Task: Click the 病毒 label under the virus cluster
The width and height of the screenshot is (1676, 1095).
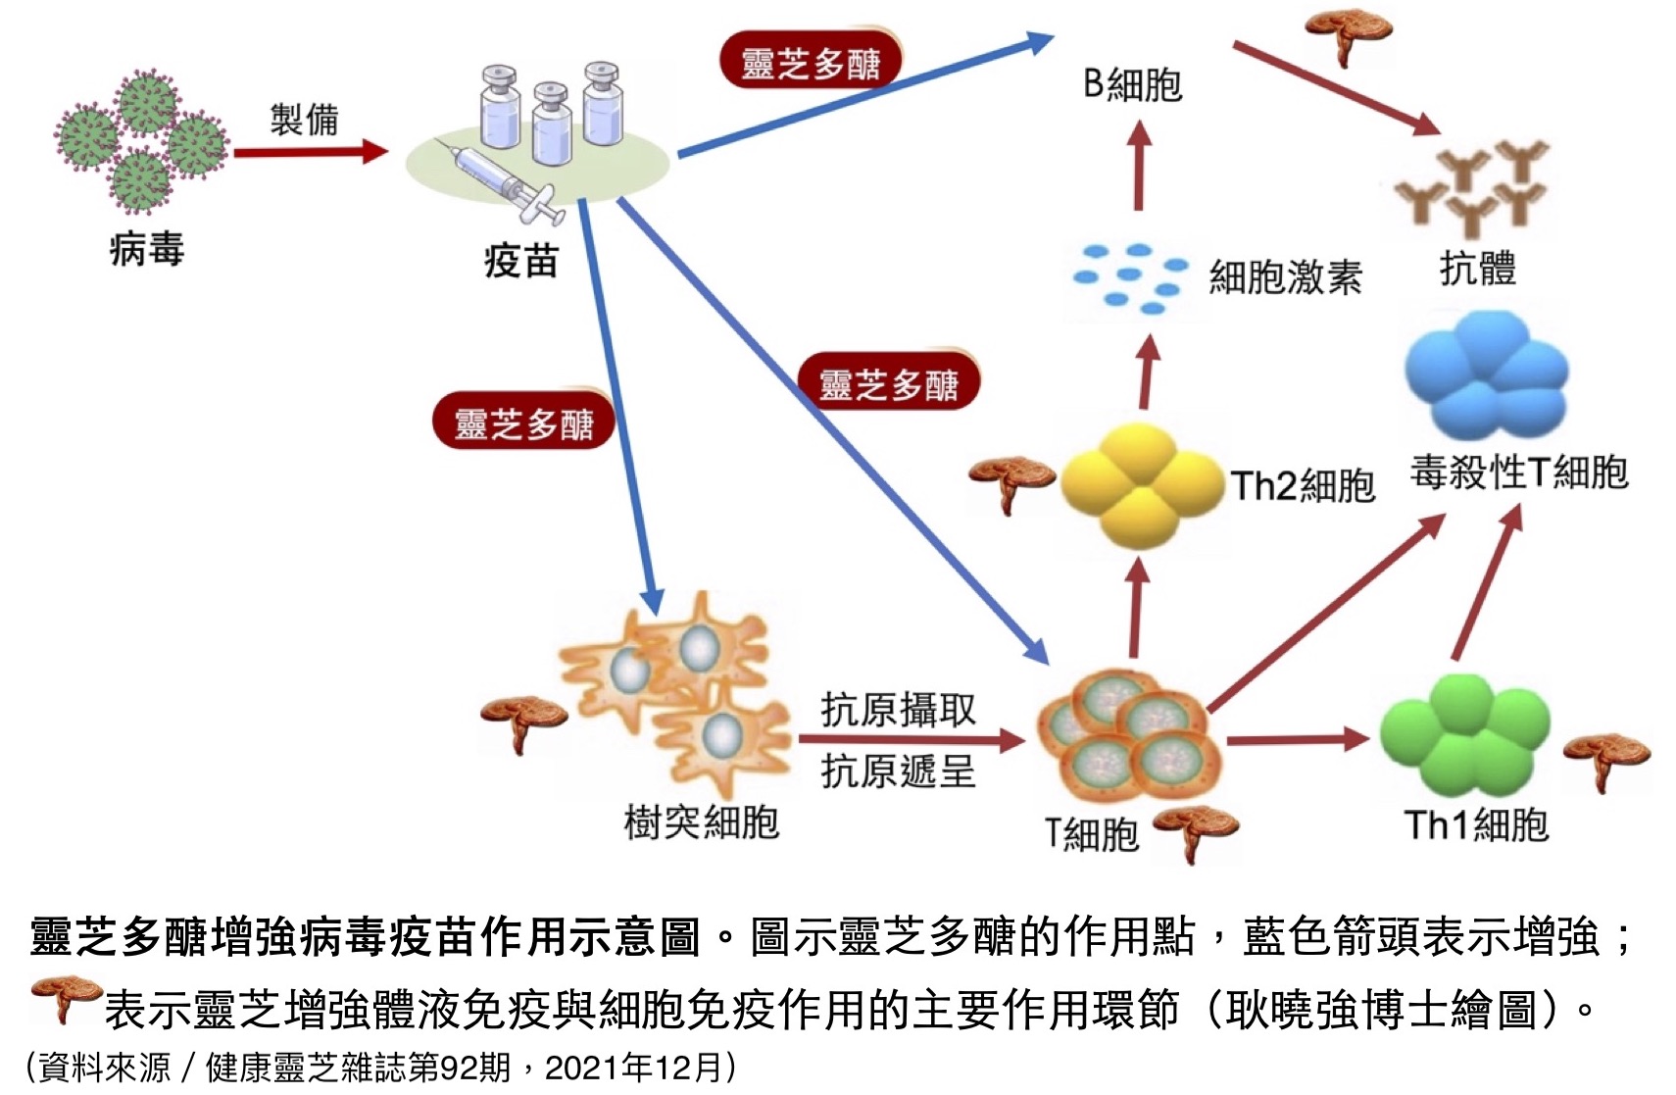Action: coord(146,249)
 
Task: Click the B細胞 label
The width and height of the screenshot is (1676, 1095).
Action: coord(1132,84)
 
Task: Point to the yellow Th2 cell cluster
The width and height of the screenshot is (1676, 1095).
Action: coord(1140,484)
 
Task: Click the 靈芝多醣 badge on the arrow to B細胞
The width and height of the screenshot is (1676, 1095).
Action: coord(811,63)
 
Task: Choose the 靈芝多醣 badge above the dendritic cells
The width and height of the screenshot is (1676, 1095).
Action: coord(523,423)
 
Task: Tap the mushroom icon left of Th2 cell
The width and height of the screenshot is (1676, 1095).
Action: coord(1010,479)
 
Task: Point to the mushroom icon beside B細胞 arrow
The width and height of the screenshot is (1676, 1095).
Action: coord(1347,34)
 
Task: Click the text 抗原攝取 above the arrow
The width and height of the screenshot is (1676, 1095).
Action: coord(898,709)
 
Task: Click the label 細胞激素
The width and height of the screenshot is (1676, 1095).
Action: coord(1285,277)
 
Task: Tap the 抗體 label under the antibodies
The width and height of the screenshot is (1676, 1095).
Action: coord(1477,268)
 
